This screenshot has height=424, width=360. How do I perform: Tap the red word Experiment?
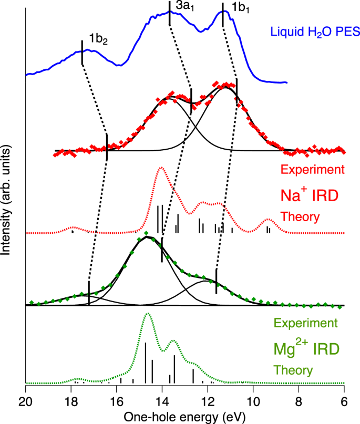pos(313,170)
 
